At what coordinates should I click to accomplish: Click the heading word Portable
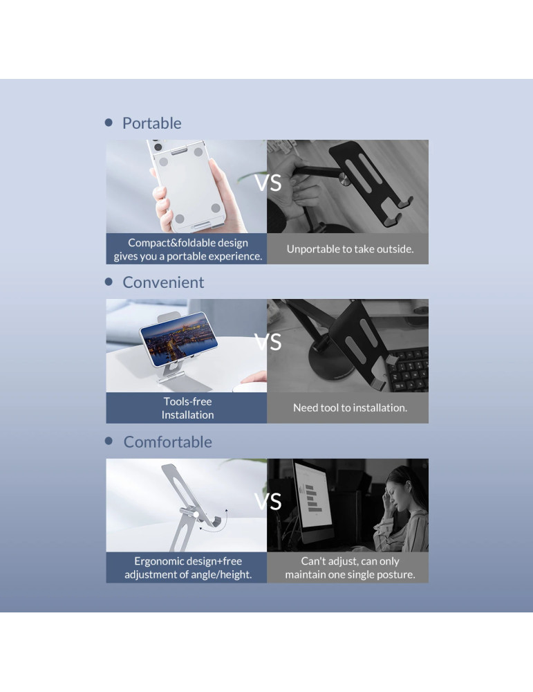(x=151, y=123)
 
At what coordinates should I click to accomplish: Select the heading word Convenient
(x=163, y=282)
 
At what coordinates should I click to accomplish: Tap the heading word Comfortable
(x=167, y=441)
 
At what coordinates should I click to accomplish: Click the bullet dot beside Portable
(x=109, y=122)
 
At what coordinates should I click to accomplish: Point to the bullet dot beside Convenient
(x=109, y=282)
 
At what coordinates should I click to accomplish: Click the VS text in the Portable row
(x=268, y=183)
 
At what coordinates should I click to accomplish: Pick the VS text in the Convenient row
(x=268, y=342)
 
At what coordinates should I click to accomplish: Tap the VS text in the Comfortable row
(x=268, y=501)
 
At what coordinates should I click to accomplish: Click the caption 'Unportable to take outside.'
(x=350, y=249)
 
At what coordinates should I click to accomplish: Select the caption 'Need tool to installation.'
(x=350, y=408)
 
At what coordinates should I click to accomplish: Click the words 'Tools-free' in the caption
(x=188, y=401)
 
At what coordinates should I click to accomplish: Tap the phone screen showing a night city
(x=178, y=338)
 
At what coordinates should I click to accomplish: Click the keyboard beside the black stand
(x=407, y=370)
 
